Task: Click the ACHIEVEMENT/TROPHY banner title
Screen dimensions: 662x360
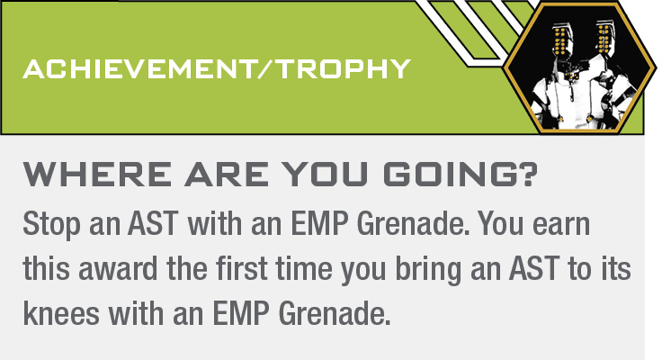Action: [x=217, y=68]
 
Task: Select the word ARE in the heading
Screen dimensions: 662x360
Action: [x=227, y=174]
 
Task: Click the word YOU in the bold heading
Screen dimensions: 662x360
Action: [x=325, y=174]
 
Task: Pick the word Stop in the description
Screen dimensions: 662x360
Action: [x=51, y=225]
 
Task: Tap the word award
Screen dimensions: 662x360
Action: [x=118, y=269]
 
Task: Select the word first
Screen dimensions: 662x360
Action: [x=241, y=269]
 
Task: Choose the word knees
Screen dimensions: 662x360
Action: [x=61, y=313]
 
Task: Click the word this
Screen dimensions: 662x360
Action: [x=46, y=269]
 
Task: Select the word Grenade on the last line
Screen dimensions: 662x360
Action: [x=335, y=313]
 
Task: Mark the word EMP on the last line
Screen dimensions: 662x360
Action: [x=241, y=313]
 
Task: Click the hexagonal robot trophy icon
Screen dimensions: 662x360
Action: [x=579, y=67]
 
